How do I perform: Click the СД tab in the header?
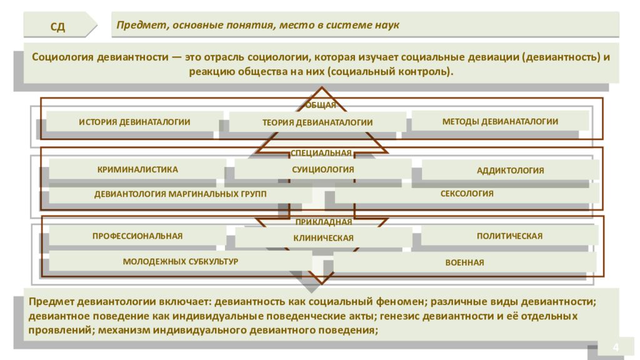coord(57,25)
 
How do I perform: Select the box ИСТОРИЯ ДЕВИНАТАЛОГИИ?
coord(135,122)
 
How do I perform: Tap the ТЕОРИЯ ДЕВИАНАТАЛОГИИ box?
coord(317,122)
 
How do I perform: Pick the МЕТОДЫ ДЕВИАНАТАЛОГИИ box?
coord(500,121)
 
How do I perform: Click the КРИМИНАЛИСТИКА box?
coord(137,169)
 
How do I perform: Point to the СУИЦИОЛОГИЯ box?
coord(323,169)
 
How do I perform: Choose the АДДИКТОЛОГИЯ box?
coord(510,170)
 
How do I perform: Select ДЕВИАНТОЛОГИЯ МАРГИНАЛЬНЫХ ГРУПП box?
coord(181,194)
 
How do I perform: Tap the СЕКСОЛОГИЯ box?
coord(467,194)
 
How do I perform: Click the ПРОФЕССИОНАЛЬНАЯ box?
coord(137,236)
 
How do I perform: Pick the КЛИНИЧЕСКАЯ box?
coord(323,237)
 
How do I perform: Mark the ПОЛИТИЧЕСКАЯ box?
coord(509,236)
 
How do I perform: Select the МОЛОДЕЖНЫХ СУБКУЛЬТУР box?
coord(181,261)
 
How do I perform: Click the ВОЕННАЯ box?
coord(464,262)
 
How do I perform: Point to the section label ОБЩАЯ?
coord(321,105)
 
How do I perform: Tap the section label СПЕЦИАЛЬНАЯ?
coord(321,153)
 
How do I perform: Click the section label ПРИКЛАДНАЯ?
coord(324,222)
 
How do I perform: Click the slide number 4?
coord(616,347)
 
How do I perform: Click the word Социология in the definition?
coord(62,57)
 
